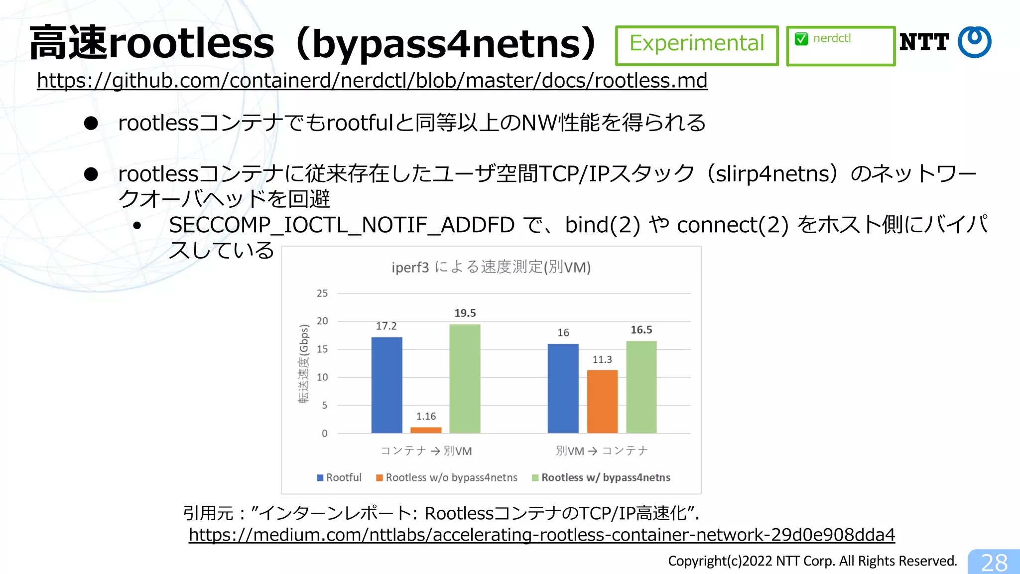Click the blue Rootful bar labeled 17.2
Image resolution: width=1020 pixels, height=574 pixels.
386,385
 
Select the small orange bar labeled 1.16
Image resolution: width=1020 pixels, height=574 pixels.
426,430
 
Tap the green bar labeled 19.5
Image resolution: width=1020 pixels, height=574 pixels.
465,379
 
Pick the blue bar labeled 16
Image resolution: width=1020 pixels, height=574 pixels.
563,388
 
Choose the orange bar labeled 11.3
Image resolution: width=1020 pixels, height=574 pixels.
602,401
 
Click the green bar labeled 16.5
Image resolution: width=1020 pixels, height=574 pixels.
641,387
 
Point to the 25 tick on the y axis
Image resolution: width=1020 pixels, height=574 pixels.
322,293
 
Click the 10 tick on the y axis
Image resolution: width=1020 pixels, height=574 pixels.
322,377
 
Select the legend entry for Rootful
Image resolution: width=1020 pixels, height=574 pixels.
340,477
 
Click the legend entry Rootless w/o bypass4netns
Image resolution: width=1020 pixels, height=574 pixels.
447,477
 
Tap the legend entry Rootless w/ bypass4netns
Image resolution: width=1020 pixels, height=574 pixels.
601,477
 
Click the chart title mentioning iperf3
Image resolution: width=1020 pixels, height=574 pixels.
491,268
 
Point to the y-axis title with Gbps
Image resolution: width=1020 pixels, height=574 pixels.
304,364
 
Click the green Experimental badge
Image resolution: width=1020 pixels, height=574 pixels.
696,45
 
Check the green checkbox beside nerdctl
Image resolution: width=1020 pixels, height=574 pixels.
801,39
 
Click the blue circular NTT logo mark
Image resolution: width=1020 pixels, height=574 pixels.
974,42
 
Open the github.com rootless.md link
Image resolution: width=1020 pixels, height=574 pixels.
372,81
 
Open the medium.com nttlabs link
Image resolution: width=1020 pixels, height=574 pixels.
541,535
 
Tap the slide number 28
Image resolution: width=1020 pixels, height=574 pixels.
994,563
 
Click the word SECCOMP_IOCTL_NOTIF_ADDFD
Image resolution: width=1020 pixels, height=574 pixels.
342,225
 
